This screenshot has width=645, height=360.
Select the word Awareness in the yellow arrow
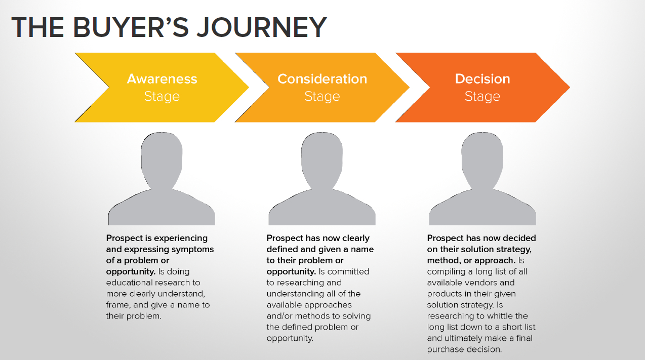pyautogui.click(x=162, y=79)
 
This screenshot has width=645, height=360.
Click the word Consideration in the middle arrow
pyautogui.click(x=322, y=79)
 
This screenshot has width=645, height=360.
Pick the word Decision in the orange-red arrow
pyautogui.click(x=482, y=79)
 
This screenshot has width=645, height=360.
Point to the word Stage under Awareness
pyautogui.click(x=162, y=96)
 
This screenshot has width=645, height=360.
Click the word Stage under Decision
pyautogui.click(x=482, y=96)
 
